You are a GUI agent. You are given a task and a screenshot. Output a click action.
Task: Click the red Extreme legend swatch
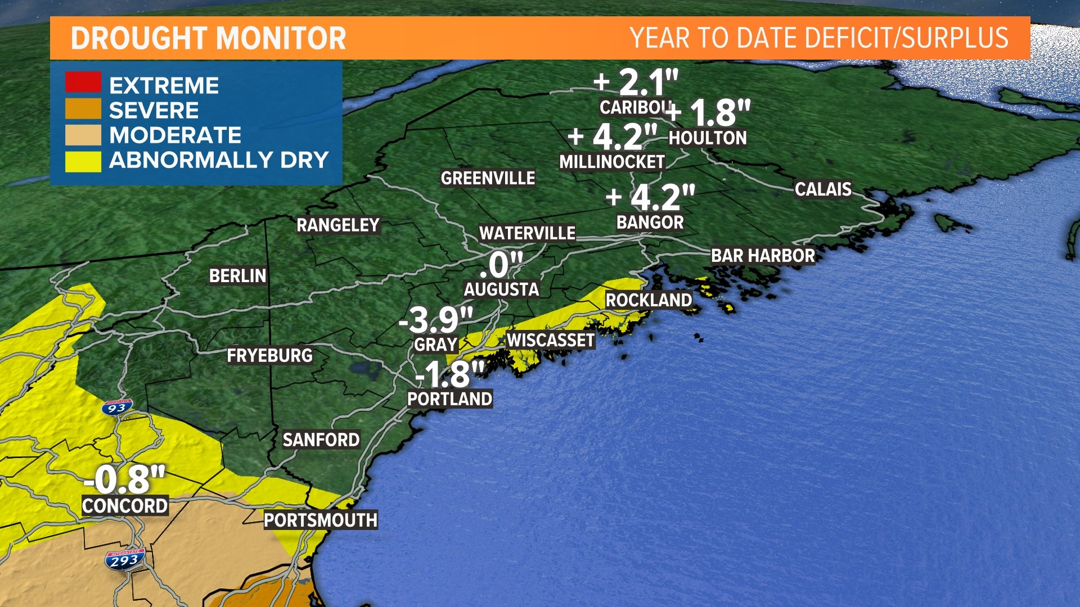(x=83, y=82)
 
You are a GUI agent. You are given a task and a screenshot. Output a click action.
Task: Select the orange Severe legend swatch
(x=83, y=109)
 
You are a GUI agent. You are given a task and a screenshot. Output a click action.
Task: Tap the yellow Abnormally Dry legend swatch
(x=83, y=161)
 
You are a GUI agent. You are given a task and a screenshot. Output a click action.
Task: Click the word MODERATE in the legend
(x=175, y=135)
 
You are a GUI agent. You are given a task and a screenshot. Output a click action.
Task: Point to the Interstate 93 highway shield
(x=118, y=407)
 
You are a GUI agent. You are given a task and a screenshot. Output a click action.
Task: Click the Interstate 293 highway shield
(x=125, y=560)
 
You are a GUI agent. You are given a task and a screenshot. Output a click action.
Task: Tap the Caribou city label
(x=634, y=107)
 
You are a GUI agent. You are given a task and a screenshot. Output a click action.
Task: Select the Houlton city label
(x=708, y=138)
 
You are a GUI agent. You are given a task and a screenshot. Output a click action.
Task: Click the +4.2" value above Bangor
(x=651, y=197)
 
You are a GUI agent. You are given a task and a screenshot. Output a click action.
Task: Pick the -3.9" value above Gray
(x=436, y=320)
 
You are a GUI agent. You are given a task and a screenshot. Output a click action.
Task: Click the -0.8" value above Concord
(x=125, y=479)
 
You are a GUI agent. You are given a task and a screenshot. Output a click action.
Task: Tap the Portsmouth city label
(x=321, y=520)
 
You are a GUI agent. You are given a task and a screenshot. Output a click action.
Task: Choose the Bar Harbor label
(x=763, y=256)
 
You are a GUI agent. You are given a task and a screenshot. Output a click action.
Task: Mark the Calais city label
(x=823, y=189)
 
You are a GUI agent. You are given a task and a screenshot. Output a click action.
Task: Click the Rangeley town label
(x=338, y=225)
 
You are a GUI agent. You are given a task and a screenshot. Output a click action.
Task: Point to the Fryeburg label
(x=269, y=355)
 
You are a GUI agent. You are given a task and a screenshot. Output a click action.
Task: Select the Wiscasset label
(x=551, y=340)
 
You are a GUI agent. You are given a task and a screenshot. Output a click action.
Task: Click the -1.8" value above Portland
(x=449, y=374)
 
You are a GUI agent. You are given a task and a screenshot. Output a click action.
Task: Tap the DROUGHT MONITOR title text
(x=208, y=38)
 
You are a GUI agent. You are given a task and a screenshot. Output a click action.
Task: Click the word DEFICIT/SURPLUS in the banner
(x=906, y=38)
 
